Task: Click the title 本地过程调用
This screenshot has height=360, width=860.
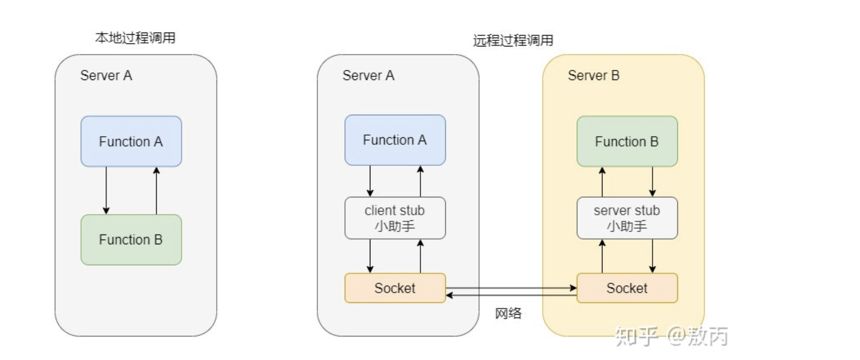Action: click(135, 38)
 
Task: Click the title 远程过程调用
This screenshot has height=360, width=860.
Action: click(513, 40)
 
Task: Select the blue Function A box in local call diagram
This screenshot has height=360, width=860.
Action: click(131, 141)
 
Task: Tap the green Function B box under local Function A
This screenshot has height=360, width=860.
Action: click(131, 240)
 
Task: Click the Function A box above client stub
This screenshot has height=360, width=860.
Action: click(395, 140)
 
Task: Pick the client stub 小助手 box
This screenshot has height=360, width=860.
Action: click(395, 218)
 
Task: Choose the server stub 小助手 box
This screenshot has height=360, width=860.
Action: click(627, 218)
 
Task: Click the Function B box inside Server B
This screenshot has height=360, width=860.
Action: click(627, 141)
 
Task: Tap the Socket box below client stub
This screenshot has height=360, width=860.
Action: click(395, 288)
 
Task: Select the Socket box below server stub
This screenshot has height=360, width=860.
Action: click(627, 288)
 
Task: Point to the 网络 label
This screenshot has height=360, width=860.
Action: click(509, 314)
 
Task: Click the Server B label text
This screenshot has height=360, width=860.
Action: click(594, 75)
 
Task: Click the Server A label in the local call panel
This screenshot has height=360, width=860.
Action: click(106, 75)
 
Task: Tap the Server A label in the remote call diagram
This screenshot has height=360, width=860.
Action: click(369, 75)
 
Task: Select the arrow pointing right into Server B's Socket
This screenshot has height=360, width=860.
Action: click(512, 288)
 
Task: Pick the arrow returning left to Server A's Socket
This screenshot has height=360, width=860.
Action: click(512, 295)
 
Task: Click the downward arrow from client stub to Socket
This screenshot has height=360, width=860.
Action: click(370, 256)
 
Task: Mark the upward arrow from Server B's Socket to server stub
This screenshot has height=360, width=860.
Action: click(602, 256)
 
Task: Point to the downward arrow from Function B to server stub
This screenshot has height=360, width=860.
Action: click(652, 182)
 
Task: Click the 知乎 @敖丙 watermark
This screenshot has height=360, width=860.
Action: click(671, 336)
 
